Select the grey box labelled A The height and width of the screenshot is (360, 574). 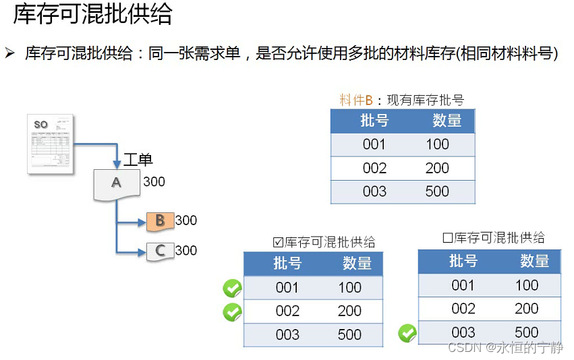tap(116, 184)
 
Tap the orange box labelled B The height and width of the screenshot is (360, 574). tap(160, 220)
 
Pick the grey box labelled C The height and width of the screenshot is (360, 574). tap(160, 251)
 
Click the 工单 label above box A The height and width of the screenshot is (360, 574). tap(138, 160)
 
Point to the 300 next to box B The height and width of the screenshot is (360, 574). tap(186, 220)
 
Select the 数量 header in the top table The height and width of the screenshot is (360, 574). tap(447, 121)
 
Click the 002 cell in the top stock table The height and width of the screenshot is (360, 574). tap(374, 168)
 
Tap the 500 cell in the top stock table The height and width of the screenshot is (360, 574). tap(437, 191)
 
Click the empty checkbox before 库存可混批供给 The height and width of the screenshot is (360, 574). tap(447, 238)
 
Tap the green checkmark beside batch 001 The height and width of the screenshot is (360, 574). tap(232, 289)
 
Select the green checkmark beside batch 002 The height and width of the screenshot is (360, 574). tap(232, 312)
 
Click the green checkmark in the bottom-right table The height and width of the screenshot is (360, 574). tap(407, 333)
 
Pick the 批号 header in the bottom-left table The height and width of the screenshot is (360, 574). tap(287, 263)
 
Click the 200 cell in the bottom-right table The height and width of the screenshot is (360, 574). tap(526, 309)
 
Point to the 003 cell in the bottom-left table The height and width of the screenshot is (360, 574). tap(287, 335)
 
